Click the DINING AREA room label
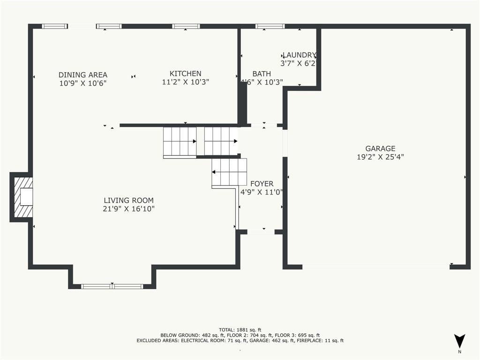[x=82, y=75]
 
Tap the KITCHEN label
[x=186, y=74]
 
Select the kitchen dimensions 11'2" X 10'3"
[x=186, y=82]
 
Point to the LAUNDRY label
[x=299, y=55]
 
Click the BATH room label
[x=262, y=74]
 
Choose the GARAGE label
[x=381, y=149]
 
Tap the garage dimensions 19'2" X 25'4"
[x=381, y=157]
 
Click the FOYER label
[x=262, y=184]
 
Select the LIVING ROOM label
[x=128, y=201]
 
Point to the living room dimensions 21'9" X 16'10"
[x=128, y=209]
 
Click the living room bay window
[x=112, y=286]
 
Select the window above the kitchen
[x=186, y=26]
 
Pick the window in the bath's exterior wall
[x=270, y=26]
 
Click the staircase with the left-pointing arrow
[x=229, y=172]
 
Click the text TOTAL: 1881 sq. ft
[x=240, y=330]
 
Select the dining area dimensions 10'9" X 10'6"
[x=82, y=83]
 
